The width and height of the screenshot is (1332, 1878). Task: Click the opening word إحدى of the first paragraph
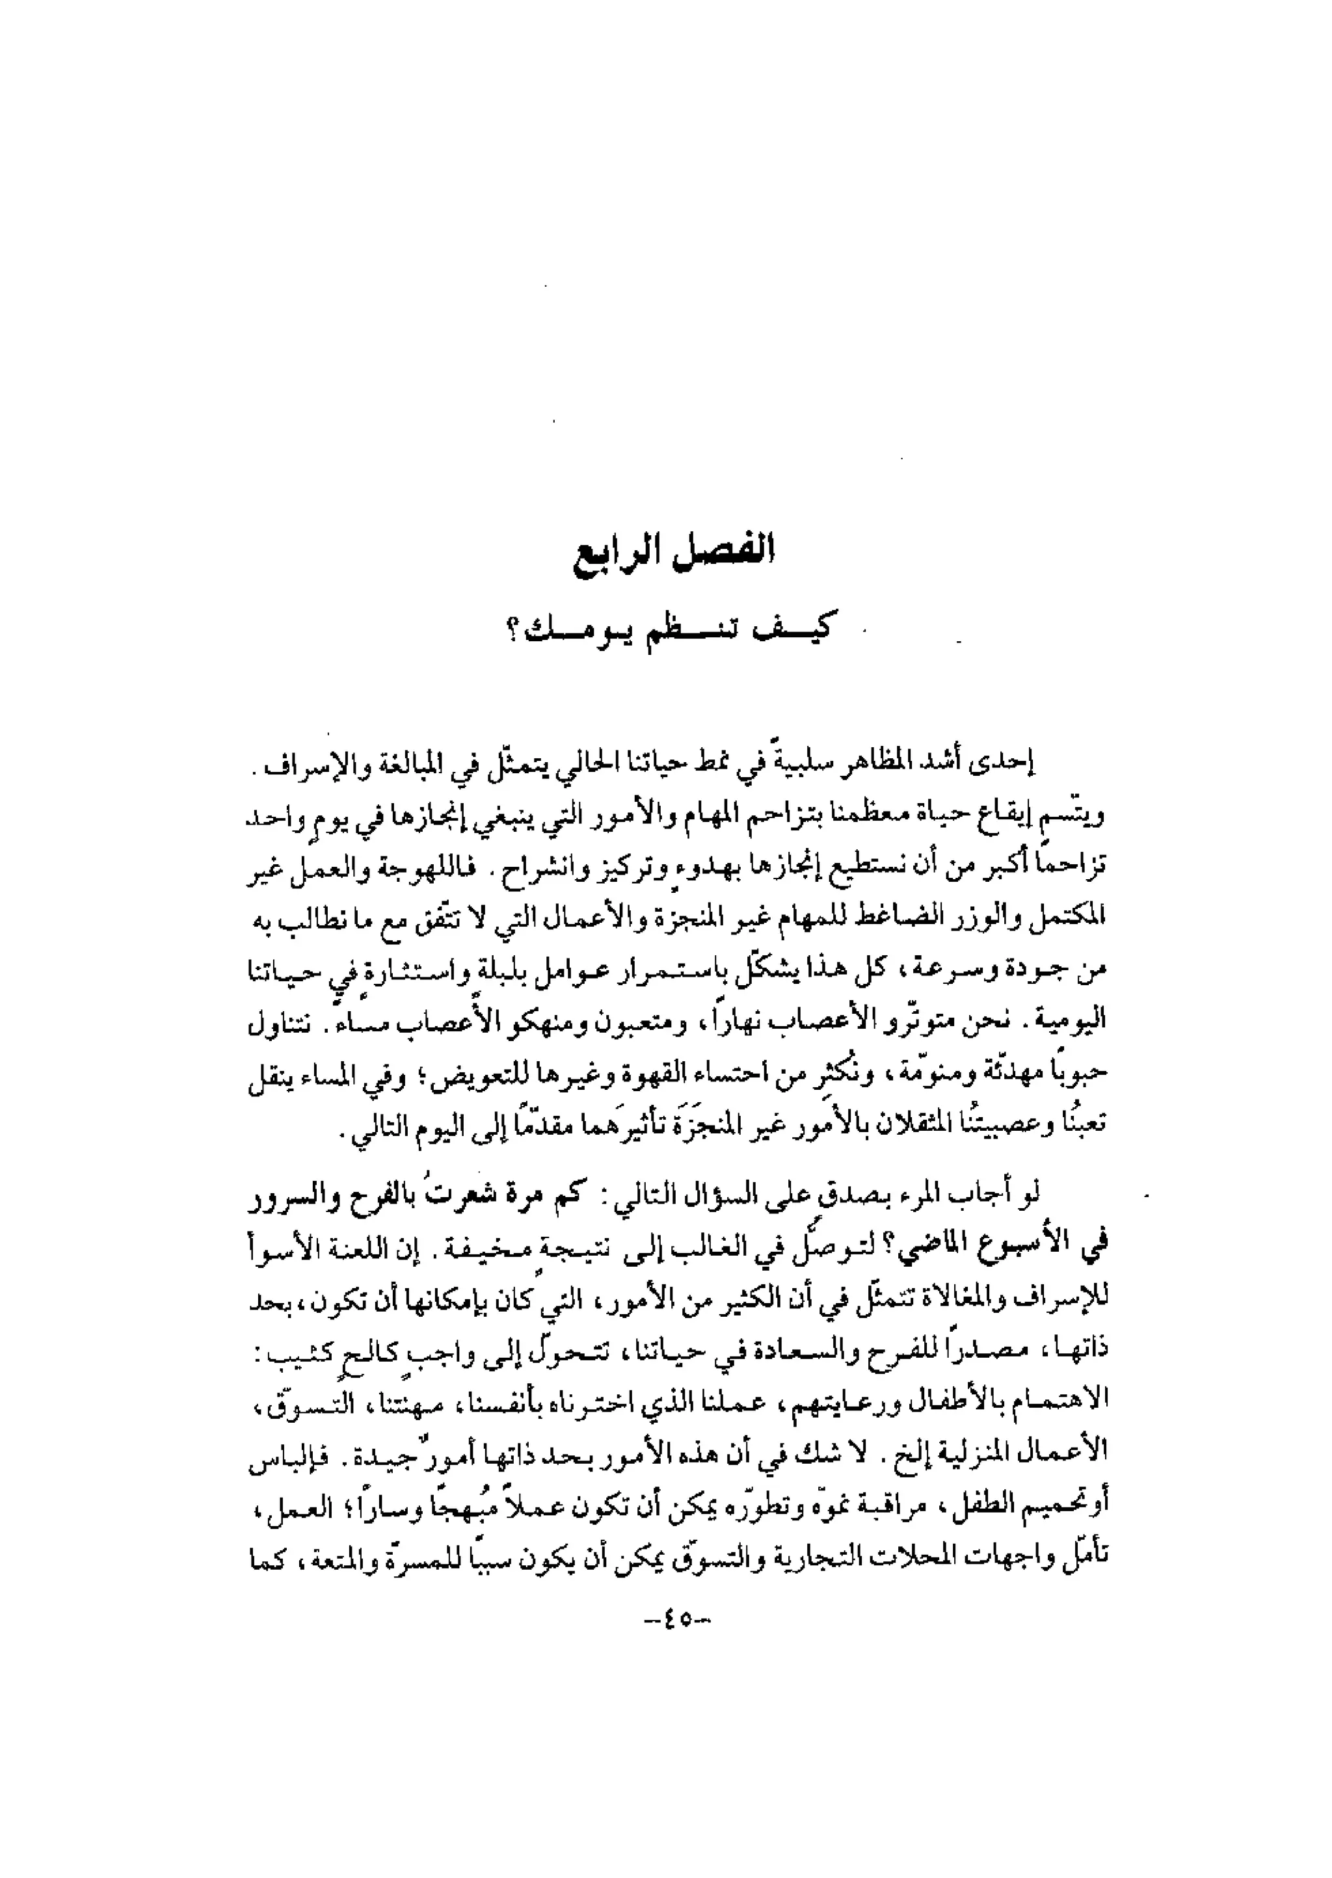tap(1011, 767)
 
